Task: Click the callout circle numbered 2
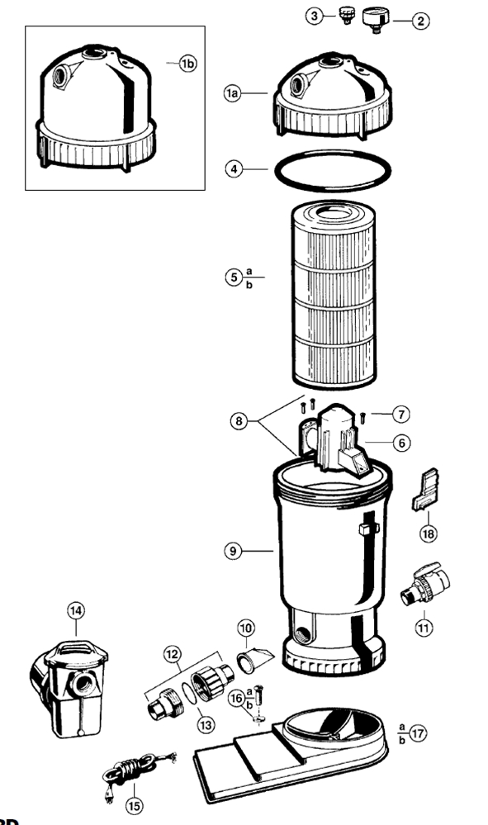(421, 21)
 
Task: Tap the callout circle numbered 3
(314, 16)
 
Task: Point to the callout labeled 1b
(189, 64)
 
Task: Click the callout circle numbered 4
(234, 168)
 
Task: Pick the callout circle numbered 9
(234, 549)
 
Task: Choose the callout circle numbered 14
(76, 611)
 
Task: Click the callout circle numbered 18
(428, 533)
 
